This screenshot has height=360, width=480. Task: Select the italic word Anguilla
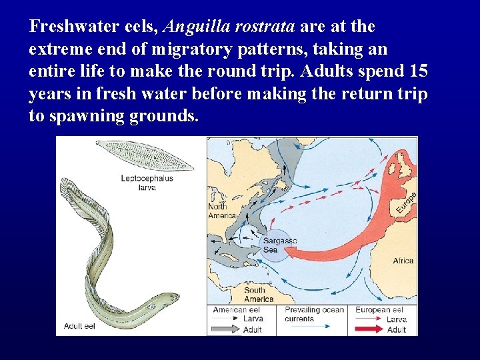click(193, 27)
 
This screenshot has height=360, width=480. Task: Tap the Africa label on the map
click(403, 261)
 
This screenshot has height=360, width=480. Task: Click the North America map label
click(222, 211)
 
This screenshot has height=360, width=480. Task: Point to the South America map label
click(258, 295)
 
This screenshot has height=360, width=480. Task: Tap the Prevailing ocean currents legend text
click(314, 314)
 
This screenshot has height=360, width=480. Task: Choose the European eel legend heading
click(379, 309)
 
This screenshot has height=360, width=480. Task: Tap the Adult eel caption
click(79, 326)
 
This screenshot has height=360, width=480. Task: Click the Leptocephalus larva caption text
click(147, 183)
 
